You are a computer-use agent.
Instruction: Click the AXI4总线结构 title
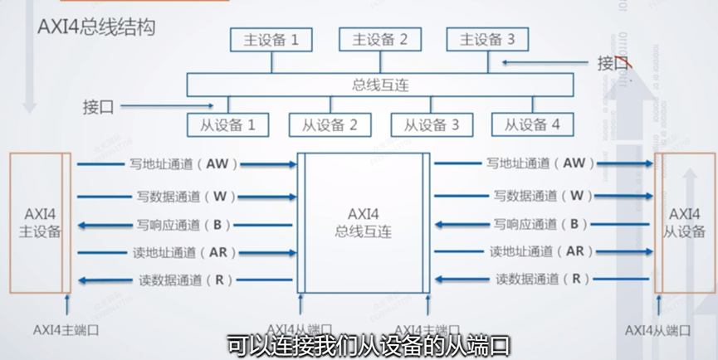click(96, 26)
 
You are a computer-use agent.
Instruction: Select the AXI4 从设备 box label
click(685, 222)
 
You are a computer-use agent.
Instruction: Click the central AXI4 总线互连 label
click(364, 221)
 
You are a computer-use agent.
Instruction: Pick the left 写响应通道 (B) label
click(183, 224)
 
